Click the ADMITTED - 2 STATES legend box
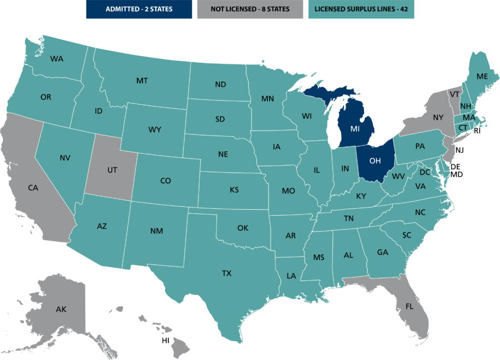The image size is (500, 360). (139, 9)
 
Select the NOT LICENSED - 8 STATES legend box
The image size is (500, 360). (250, 9)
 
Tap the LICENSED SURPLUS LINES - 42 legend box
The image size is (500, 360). (361, 9)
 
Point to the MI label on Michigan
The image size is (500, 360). (355, 129)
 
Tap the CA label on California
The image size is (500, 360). (33, 187)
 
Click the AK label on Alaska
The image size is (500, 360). (61, 309)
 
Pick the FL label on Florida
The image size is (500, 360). (409, 306)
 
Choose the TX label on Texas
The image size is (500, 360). (227, 273)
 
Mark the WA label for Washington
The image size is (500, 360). (57, 59)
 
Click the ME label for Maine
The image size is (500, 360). (482, 76)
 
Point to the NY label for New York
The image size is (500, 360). (438, 118)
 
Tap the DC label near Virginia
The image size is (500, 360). (424, 172)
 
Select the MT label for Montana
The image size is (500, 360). (142, 80)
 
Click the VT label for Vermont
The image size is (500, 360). (455, 94)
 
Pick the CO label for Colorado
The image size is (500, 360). (166, 180)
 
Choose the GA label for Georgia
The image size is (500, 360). (382, 252)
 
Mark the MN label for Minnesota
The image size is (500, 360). (267, 99)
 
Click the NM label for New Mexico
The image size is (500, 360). (156, 231)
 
